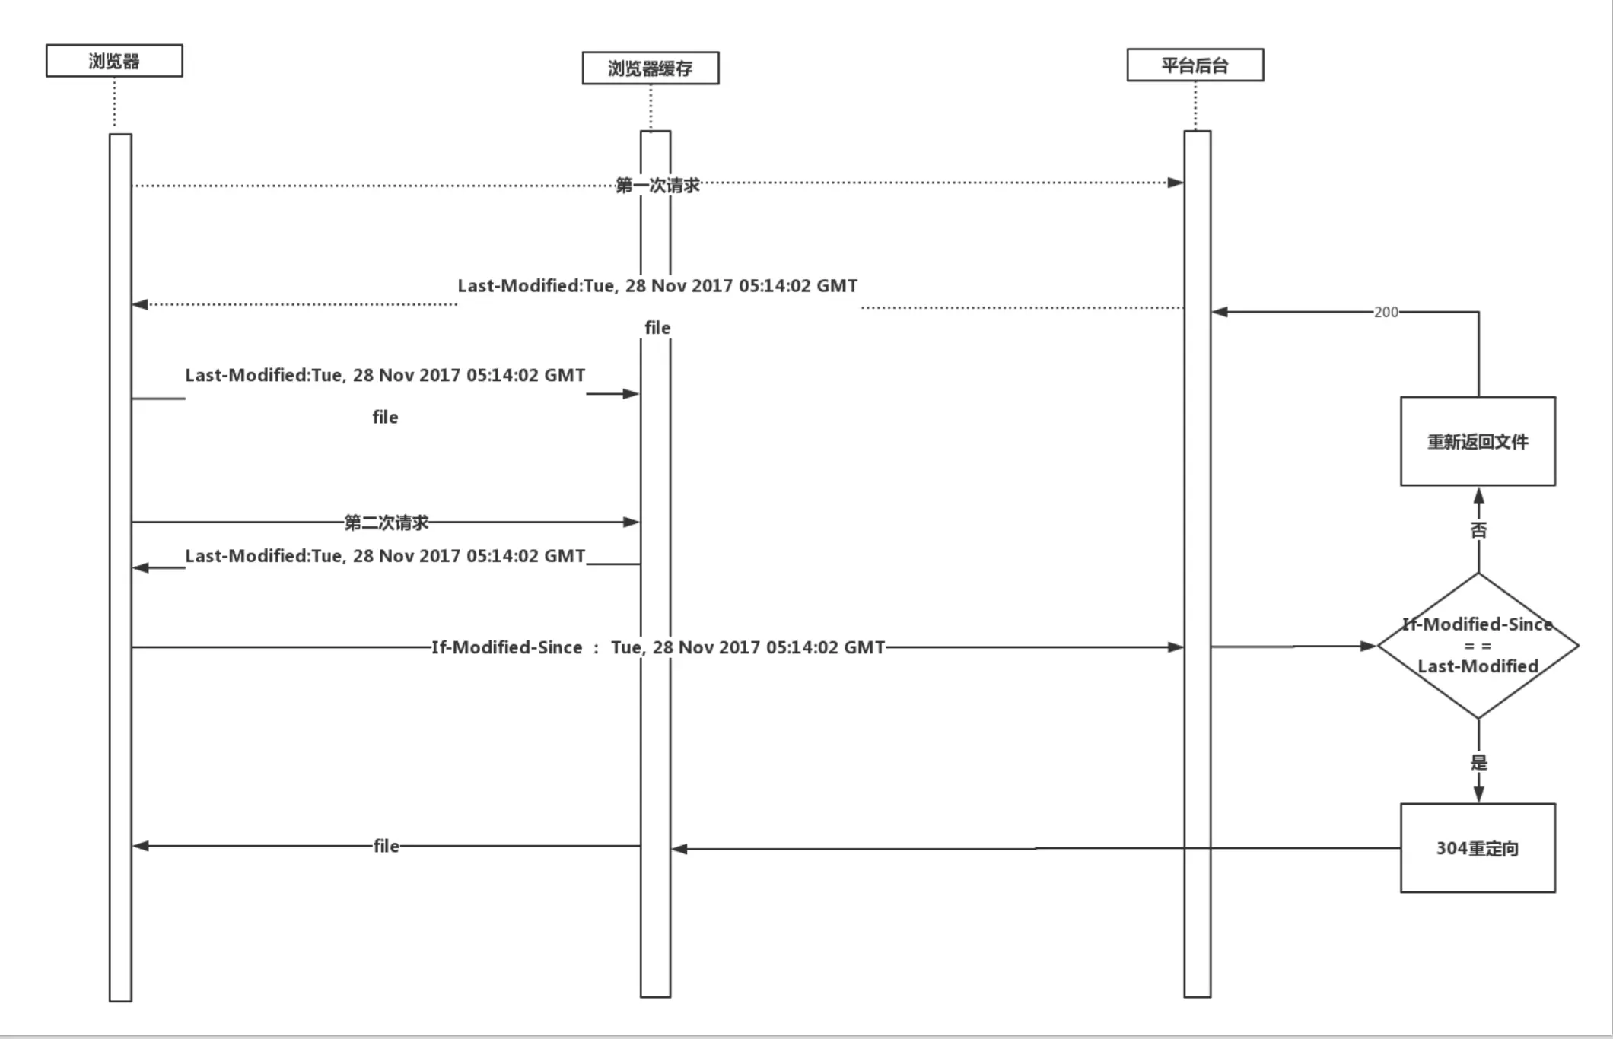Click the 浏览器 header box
click(x=114, y=61)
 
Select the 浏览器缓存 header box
click(x=651, y=68)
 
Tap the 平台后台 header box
click(x=1195, y=65)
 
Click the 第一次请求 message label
click(x=657, y=185)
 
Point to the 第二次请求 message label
click(x=387, y=523)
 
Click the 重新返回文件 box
click(x=1478, y=441)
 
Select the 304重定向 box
click(x=1478, y=848)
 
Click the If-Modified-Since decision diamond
click(x=1478, y=646)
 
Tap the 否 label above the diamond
click(x=1478, y=530)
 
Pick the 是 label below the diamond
click(x=1478, y=762)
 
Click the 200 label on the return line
click(x=1386, y=312)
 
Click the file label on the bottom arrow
click(x=386, y=846)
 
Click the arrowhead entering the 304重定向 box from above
click(x=1478, y=794)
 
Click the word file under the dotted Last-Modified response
click(x=657, y=328)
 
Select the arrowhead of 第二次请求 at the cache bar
click(x=632, y=522)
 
